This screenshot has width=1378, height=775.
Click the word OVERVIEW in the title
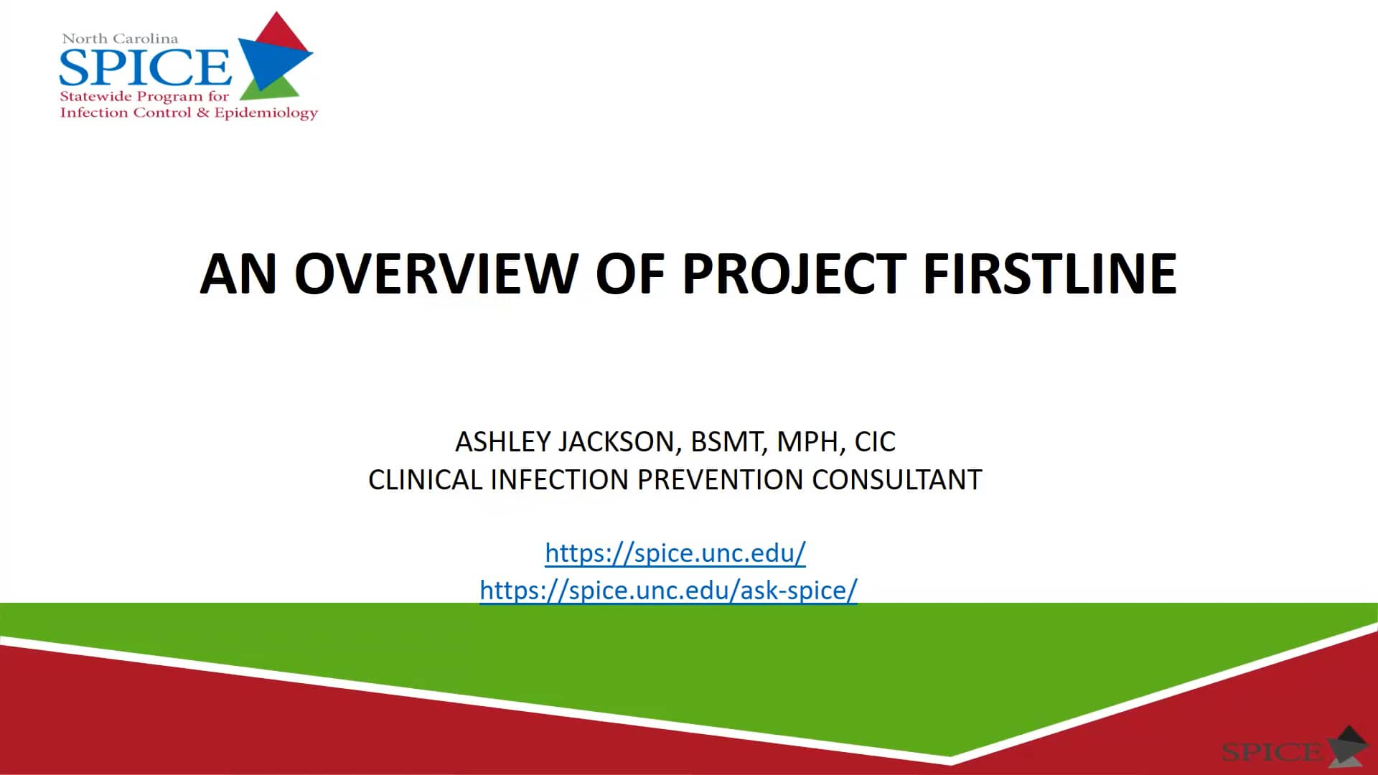(436, 274)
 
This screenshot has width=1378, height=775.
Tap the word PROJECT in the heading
(794, 274)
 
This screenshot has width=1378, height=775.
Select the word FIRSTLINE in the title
(1049, 274)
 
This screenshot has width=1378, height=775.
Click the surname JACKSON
(620, 442)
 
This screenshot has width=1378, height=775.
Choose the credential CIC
(875, 442)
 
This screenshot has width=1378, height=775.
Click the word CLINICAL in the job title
(425, 480)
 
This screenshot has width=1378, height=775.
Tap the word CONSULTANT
(896, 480)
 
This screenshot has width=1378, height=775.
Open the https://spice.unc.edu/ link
(675, 553)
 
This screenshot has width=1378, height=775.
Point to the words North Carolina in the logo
(120, 39)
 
